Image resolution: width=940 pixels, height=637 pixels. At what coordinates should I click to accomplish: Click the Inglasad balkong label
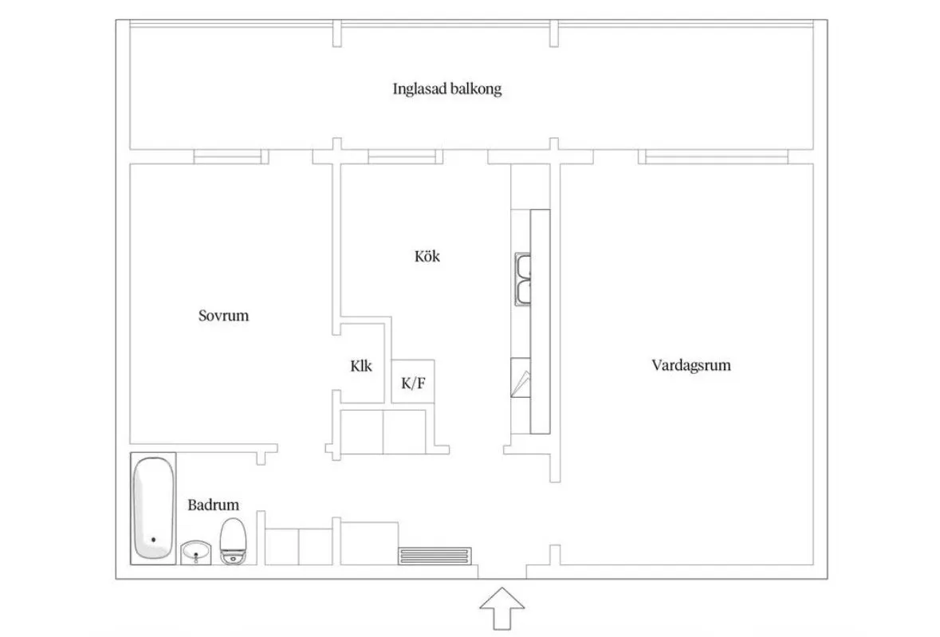[446, 88]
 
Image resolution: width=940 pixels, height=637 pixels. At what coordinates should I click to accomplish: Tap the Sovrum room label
[223, 316]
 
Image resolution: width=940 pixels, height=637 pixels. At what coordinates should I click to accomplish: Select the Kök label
[427, 257]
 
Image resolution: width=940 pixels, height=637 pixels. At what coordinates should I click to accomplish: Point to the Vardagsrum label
[690, 366]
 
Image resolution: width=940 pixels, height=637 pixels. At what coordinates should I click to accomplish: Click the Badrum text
[213, 505]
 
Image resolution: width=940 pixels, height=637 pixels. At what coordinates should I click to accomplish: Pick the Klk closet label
[361, 367]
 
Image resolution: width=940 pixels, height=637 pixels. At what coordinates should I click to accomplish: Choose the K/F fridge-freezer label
[413, 383]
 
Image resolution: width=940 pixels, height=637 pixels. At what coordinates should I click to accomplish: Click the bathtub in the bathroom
[153, 509]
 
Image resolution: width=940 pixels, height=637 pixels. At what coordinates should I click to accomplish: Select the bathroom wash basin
[197, 552]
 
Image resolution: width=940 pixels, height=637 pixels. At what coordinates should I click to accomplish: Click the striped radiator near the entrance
[435, 555]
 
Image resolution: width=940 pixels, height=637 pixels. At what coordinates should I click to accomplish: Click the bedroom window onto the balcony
[229, 157]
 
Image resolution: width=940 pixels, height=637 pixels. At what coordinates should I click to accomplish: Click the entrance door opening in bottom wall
[501, 572]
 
